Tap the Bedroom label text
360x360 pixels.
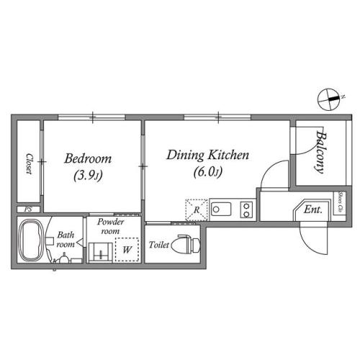tap(89, 158)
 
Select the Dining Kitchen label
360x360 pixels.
tap(207, 155)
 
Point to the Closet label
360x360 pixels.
tap(29, 163)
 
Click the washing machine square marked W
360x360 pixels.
tap(127, 251)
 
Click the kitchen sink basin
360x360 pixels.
tap(223, 210)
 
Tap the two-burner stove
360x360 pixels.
tap(246, 210)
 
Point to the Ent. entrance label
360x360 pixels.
tap(312, 210)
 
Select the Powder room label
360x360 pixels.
tap(112, 227)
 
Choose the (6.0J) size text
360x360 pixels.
tap(207, 171)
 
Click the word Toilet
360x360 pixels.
tap(158, 246)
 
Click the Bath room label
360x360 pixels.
tap(66, 239)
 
